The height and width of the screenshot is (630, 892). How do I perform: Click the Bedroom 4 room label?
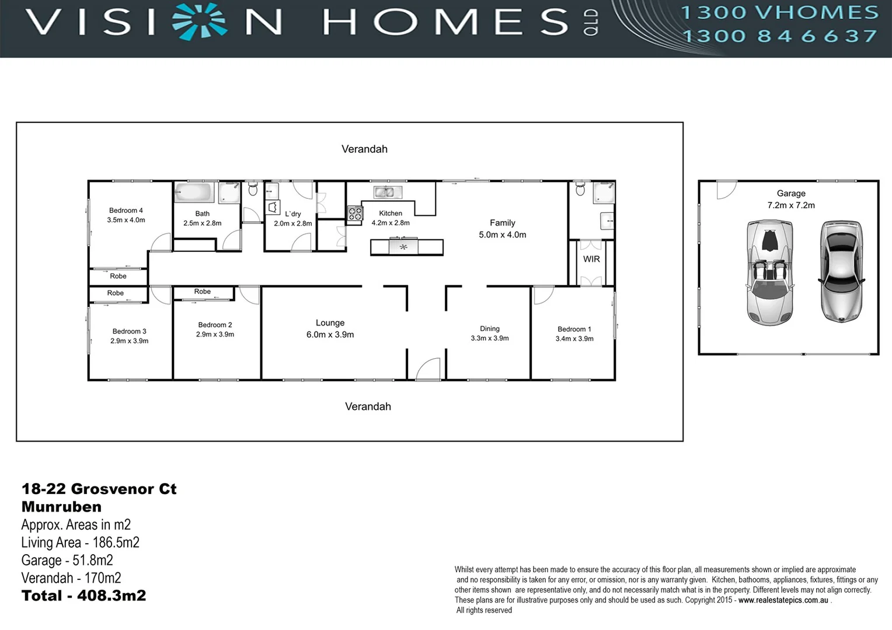pos(126,211)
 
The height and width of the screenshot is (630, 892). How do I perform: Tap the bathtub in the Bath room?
pos(193,192)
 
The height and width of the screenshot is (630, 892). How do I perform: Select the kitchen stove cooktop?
pos(355,213)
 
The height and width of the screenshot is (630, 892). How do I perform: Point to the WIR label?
pos(591,259)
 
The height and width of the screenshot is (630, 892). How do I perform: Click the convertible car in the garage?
pos(769,272)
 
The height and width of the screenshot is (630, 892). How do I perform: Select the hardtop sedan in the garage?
pos(841,271)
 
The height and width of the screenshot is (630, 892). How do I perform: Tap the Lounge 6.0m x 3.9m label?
pos(330,329)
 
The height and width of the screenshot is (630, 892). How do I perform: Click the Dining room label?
pos(490,329)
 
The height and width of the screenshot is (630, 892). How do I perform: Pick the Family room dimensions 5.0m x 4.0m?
pos(502,235)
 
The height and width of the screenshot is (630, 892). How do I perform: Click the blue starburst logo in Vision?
pos(200,22)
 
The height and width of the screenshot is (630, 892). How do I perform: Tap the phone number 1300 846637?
pos(779,36)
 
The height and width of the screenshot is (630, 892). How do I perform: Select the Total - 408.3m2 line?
pos(83,596)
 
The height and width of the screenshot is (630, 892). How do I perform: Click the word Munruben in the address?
pos(61,507)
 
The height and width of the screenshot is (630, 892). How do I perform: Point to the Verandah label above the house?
pos(364,149)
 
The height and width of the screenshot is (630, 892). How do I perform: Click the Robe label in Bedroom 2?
pos(203,292)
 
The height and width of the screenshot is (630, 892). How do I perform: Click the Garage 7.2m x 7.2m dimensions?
pos(791,205)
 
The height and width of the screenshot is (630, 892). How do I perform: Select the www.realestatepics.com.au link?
pos(783,600)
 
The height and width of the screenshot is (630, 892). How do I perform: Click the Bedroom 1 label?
pos(574,329)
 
